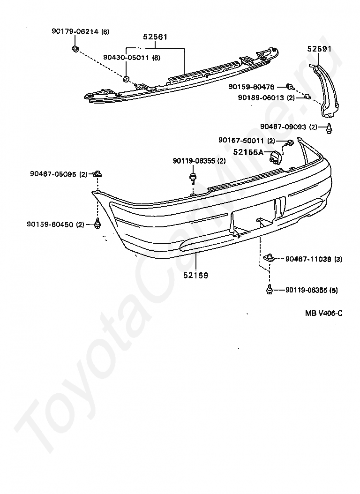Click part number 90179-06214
coord(75,32)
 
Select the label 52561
coord(156,37)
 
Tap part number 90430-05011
coord(127,58)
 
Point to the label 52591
coord(320,48)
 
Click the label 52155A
coord(249,152)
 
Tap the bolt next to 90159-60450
coord(97,224)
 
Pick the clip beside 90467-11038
coord(269,257)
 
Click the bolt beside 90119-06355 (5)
coord(270,290)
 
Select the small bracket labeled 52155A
coord(276,156)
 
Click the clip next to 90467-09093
coord(330,127)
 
